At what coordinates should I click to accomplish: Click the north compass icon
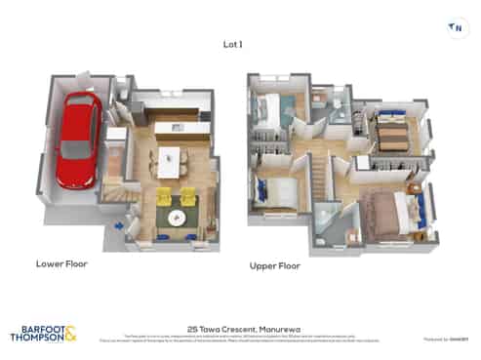[454, 28]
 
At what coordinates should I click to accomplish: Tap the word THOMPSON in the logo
[34, 340]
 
